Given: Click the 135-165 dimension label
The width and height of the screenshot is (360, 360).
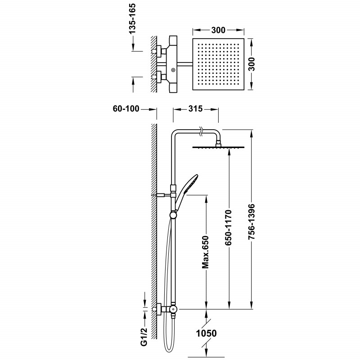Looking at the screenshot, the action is click(132, 19).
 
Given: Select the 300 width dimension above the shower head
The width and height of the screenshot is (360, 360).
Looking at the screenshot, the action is click(218, 30).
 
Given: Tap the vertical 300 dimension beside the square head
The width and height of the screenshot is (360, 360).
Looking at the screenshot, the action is click(252, 64).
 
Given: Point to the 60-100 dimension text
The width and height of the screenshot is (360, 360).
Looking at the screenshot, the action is click(126, 108).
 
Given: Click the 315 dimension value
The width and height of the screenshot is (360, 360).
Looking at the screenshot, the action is click(195, 108).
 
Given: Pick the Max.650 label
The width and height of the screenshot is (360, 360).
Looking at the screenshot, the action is click(205, 252).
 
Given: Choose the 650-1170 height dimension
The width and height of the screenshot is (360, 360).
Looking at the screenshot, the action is click(228, 227).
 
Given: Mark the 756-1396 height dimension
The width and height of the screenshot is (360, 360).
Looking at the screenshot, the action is click(252, 221).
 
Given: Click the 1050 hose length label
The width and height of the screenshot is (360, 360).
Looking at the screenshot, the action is click(207, 333).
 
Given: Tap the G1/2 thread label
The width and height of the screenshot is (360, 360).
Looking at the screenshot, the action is click(144, 337).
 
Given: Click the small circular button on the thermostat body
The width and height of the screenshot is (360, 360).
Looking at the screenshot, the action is click(173, 70).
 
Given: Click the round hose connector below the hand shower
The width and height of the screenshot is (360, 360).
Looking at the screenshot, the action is click(173, 215).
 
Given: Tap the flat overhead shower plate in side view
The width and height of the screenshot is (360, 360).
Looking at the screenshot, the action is click(218, 148).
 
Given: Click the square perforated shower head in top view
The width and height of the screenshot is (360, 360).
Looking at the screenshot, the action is click(218, 64).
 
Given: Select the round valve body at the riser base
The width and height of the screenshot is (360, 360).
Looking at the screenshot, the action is click(174, 309).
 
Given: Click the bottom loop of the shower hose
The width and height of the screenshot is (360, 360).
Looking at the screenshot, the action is click(169, 354).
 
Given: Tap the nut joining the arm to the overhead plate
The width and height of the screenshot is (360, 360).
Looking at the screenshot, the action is click(218, 143).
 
